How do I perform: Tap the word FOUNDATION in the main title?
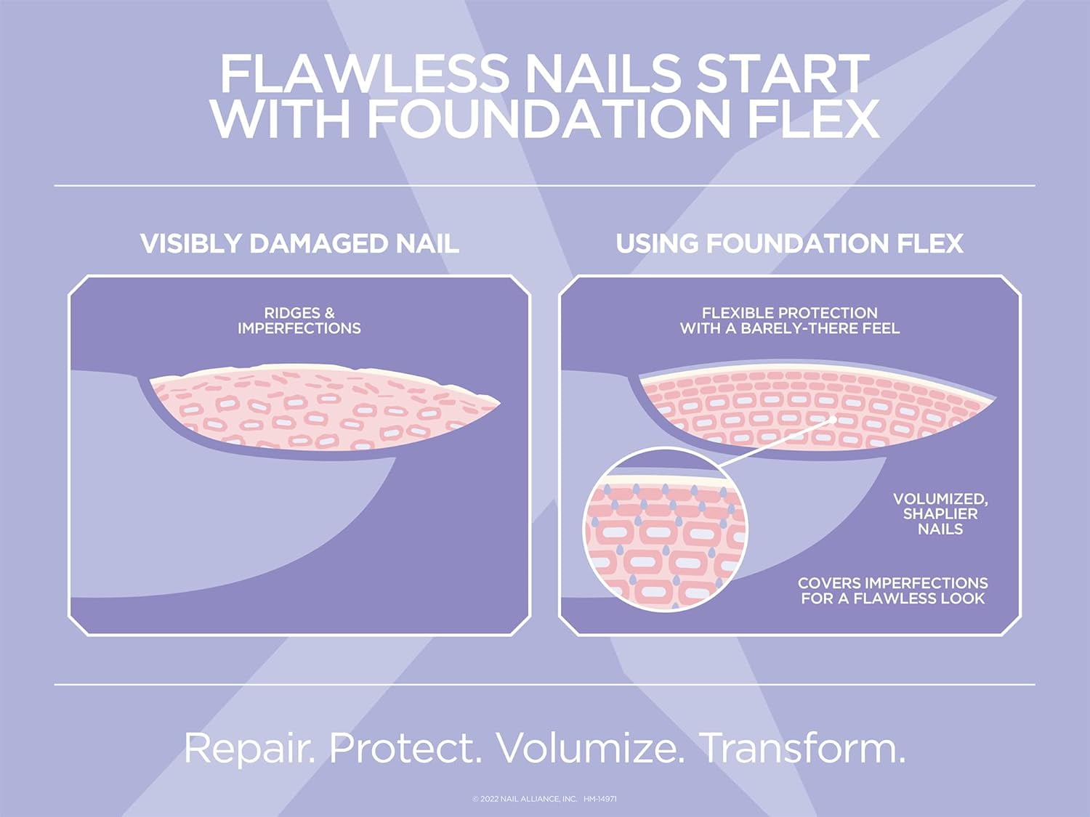(549, 119)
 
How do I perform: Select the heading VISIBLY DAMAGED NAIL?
(299, 244)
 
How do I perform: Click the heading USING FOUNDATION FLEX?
(789, 244)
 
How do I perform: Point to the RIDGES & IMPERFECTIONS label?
(299, 321)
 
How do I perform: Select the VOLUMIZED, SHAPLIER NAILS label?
(940, 514)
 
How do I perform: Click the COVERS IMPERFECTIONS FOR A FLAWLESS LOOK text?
(892, 591)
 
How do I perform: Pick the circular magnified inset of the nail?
(665, 530)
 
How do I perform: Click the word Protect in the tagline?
(405, 748)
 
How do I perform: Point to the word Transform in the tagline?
(802, 748)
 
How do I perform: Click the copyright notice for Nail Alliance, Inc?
(525, 799)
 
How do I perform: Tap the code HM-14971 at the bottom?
(599, 799)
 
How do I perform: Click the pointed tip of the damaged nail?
(498, 402)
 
